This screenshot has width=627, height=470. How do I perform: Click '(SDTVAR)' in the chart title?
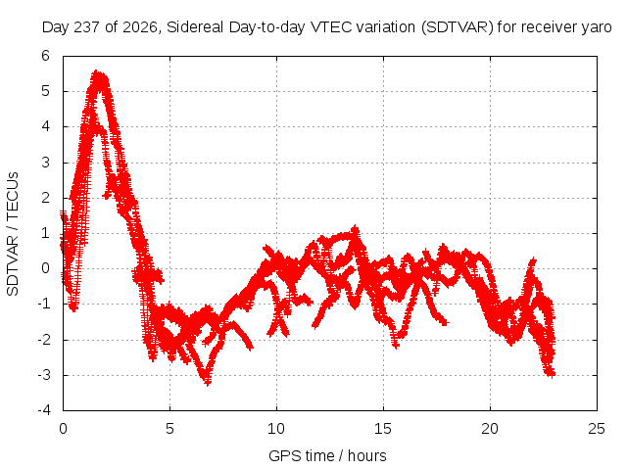click(x=458, y=27)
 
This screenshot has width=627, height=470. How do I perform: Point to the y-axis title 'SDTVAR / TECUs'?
click(x=13, y=234)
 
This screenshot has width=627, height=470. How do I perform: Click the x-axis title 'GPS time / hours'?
click(x=327, y=455)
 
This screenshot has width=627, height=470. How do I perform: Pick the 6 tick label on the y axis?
click(x=45, y=56)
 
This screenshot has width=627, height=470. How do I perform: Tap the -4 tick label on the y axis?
click(x=44, y=410)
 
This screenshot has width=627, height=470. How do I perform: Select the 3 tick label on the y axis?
click(x=45, y=163)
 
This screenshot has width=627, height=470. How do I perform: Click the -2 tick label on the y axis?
click(x=44, y=340)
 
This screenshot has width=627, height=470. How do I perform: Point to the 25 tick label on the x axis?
click(x=597, y=429)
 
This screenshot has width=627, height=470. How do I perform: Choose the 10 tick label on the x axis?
click(x=276, y=429)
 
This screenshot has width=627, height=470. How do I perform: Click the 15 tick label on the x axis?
click(x=383, y=429)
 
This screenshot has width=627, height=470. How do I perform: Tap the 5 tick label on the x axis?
click(x=169, y=429)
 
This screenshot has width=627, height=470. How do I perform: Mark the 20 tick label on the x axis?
click(x=490, y=429)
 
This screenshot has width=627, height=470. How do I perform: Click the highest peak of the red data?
click(x=97, y=73)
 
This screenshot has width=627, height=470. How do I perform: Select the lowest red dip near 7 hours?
click(x=207, y=383)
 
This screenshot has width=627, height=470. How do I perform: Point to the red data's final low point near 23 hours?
click(x=551, y=374)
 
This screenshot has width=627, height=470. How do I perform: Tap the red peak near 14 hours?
click(x=355, y=229)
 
